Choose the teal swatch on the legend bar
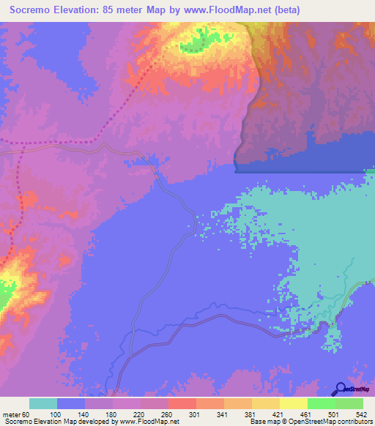43,403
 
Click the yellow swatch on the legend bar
294,403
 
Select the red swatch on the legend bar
182,403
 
